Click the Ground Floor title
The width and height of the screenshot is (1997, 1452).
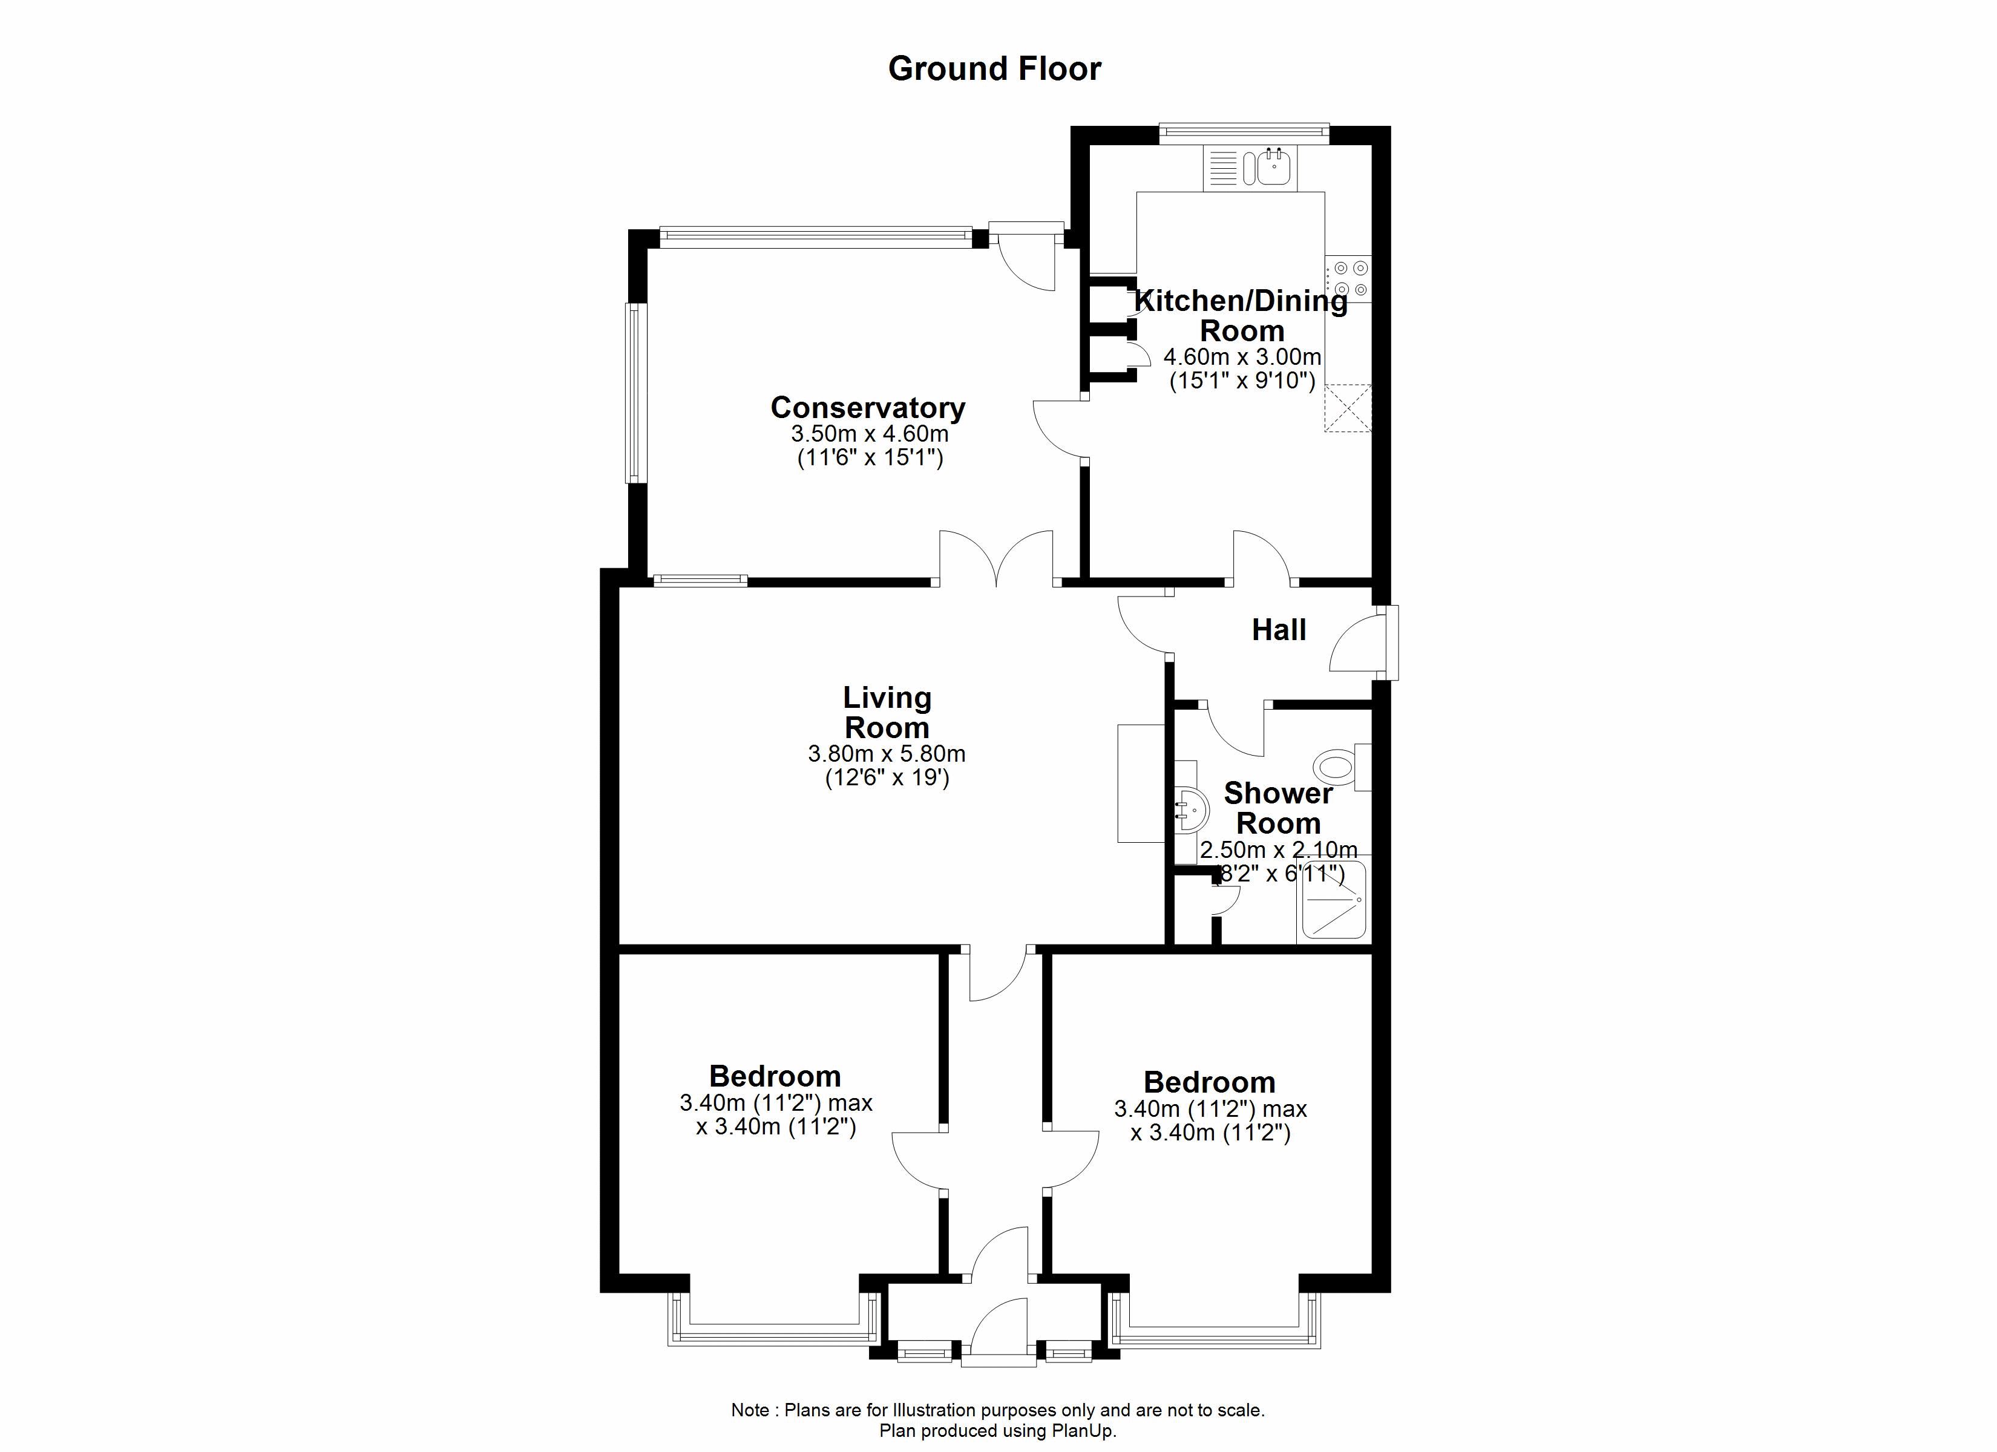tap(994, 69)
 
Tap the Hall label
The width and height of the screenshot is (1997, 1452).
tap(1279, 630)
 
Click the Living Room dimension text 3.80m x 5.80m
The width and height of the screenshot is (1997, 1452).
tap(887, 754)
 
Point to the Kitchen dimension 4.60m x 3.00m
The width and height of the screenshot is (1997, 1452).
tap(1242, 356)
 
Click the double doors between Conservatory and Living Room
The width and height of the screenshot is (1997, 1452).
tap(996, 558)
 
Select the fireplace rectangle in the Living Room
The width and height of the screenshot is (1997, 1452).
tap(1141, 783)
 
